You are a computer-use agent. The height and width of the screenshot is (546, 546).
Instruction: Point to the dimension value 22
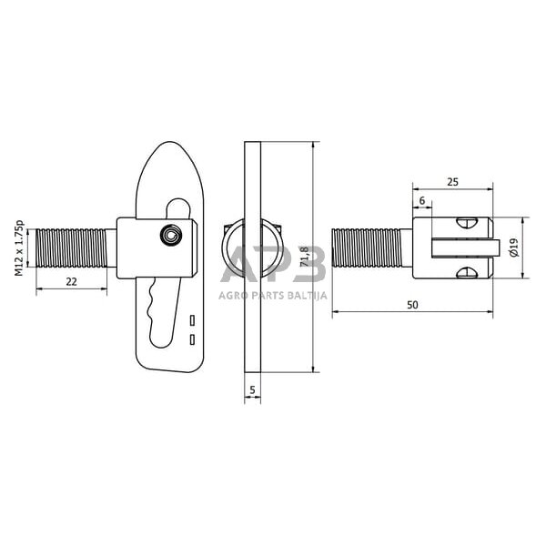point(70,282)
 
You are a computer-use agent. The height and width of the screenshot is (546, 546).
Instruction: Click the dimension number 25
point(452,182)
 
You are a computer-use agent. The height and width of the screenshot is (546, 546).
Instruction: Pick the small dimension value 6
point(422,199)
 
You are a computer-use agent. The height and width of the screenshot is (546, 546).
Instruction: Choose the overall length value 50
point(412,306)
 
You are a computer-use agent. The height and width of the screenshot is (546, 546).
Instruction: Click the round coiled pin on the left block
point(169,236)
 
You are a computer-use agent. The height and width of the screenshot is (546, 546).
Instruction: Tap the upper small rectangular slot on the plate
point(193,321)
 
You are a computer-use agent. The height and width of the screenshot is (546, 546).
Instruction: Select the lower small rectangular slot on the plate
point(193,339)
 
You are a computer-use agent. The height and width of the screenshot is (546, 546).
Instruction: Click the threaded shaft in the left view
point(71,248)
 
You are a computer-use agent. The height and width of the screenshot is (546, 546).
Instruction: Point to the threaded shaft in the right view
point(367,248)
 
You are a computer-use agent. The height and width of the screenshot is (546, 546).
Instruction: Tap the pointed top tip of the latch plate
point(165,146)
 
